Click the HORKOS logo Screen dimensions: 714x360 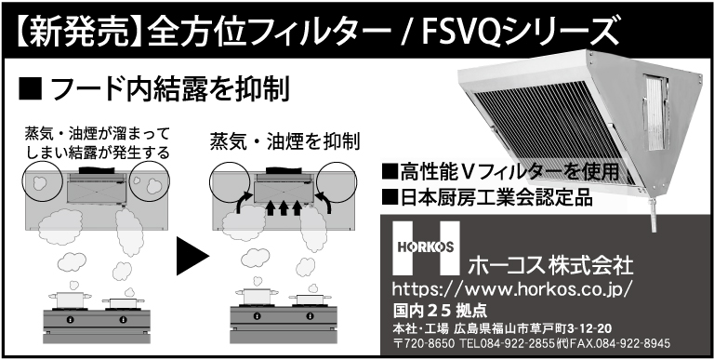coord(426,247)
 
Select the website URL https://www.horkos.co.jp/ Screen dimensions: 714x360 coord(512,289)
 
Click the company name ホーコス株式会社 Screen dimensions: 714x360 coord(550,265)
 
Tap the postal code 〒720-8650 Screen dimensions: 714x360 coord(424,342)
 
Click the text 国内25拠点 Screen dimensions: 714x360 coord(440,312)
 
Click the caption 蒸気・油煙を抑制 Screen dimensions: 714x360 coord(285,141)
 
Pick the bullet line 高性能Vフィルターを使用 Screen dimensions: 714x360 coord(501,172)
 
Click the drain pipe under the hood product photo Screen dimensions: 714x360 coord(653,216)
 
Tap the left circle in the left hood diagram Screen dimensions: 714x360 coord(43,180)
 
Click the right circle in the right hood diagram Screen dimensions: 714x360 coord(337,181)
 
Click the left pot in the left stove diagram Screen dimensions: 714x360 coord(70,299)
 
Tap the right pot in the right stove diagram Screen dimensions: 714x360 coord(311,299)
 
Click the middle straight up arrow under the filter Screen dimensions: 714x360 coord(284,207)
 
